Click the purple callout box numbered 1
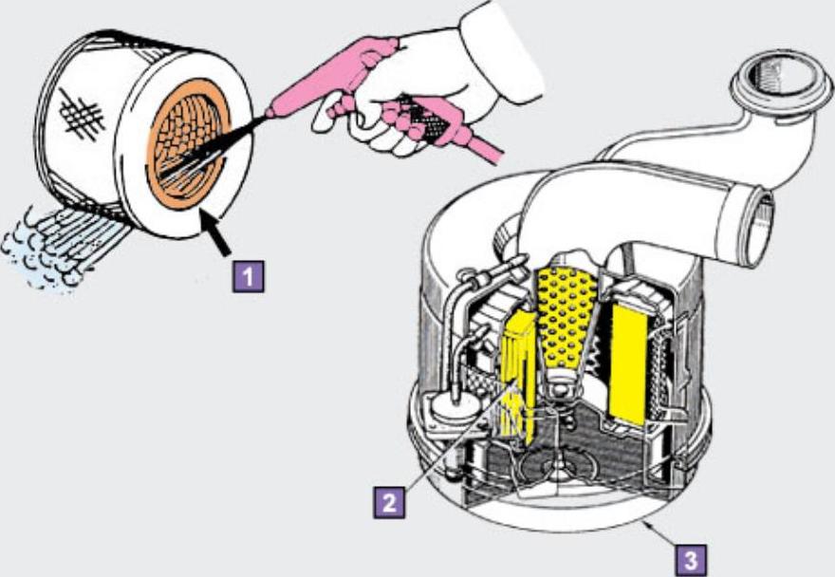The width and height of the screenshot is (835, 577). coord(248,276)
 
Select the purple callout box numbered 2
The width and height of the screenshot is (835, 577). coord(389,500)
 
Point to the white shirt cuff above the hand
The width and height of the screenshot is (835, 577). coord(498,47)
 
